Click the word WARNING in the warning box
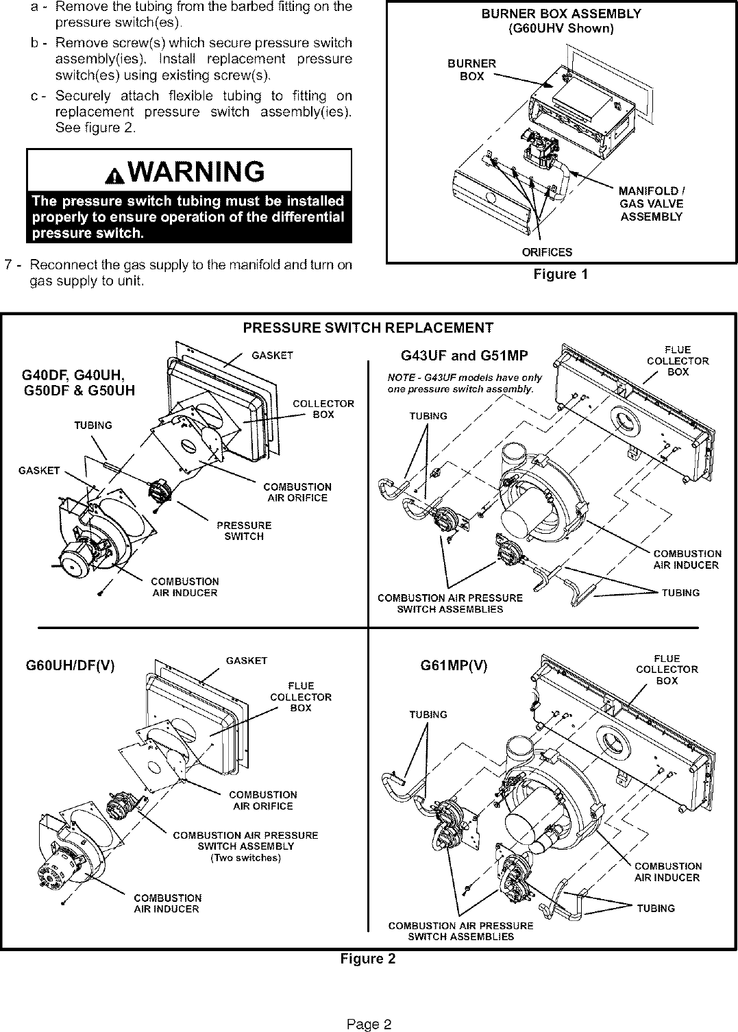tap(200, 172)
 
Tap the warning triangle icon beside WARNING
tap(114, 175)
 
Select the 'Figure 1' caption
tap(561, 275)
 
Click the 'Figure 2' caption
tap(368, 959)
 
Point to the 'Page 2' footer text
tap(369, 1005)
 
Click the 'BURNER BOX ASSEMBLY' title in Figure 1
tap(561, 14)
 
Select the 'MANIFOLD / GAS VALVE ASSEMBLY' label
tap(651, 204)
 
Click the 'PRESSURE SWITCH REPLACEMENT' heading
tap(368, 328)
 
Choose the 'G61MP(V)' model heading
tap(454, 665)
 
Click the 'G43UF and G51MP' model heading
tap(464, 356)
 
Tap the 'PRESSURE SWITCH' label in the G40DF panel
tap(244, 531)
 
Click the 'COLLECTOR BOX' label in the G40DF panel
tap(323, 409)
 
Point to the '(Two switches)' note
tap(245, 858)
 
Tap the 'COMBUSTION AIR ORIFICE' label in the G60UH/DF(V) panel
tap(262, 800)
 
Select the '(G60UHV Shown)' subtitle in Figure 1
tap(561, 29)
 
